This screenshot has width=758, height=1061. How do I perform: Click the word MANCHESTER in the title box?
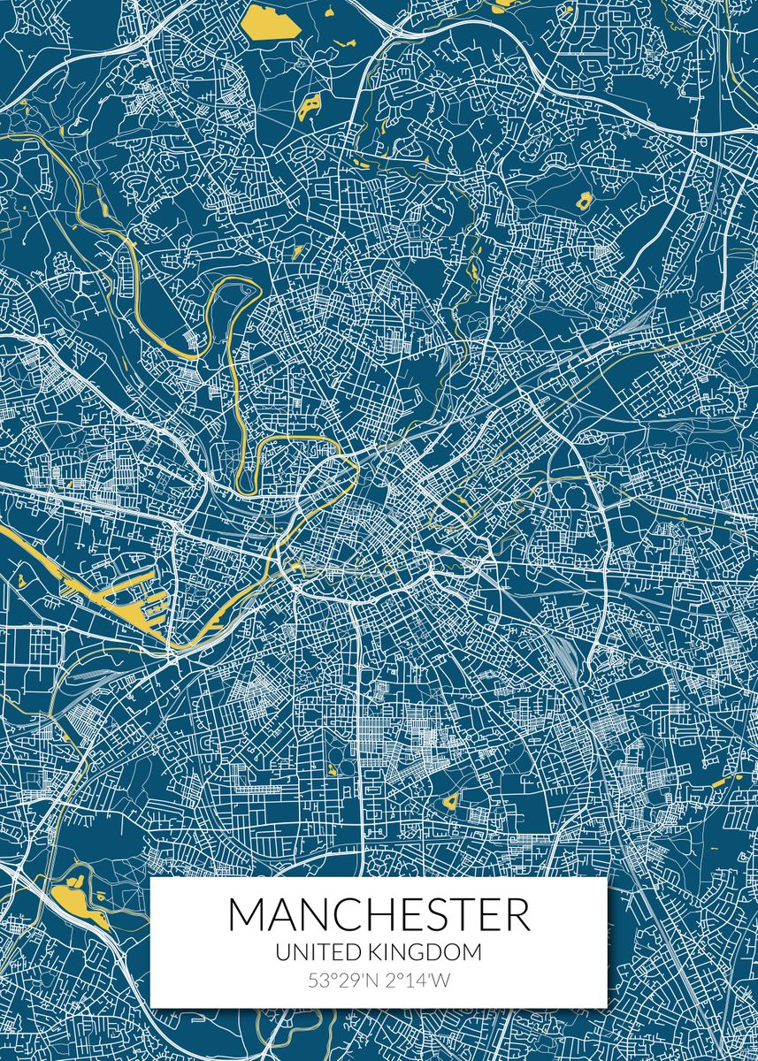(x=379, y=915)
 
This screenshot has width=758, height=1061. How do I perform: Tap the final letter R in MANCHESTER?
(x=518, y=915)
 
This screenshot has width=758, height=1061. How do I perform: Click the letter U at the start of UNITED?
(x=281, y=952)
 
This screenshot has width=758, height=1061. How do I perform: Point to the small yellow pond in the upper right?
(x=585, y=200)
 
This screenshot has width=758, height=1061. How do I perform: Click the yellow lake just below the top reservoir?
(x=310, y=107)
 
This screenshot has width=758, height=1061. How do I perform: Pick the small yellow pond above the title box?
(x=450, y=802)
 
